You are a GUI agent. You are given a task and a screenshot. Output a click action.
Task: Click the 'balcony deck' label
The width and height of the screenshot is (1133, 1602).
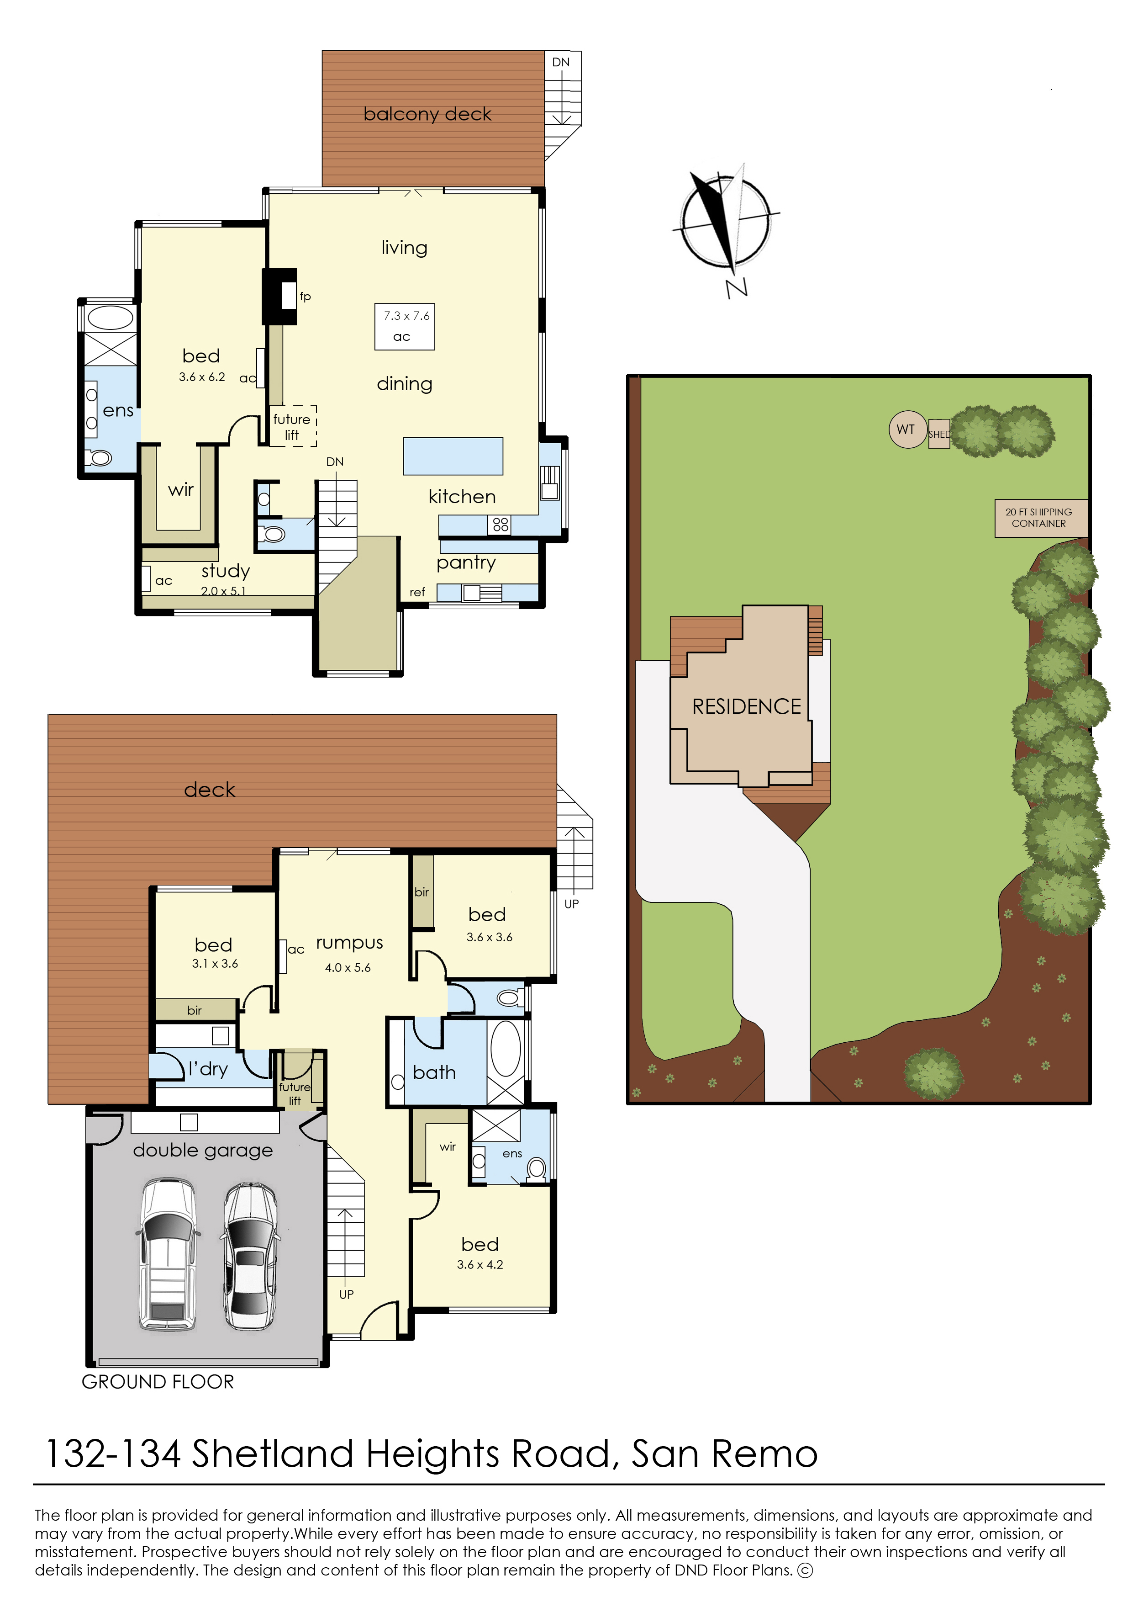pos(427,114)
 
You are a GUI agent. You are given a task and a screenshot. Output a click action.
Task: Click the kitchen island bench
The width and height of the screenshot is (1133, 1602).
pos(453,456)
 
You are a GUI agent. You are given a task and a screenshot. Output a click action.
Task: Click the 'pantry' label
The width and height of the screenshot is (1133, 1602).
pos(466,562)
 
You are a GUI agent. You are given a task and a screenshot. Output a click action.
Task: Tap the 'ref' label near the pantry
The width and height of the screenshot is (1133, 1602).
pos(417,592)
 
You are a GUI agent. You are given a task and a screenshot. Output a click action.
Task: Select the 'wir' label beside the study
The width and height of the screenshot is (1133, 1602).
pos(181,490)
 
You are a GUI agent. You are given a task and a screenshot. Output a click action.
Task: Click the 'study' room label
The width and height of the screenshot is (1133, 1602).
pos(225,571)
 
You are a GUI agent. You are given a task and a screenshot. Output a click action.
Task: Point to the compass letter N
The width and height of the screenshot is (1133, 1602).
pos(737,287)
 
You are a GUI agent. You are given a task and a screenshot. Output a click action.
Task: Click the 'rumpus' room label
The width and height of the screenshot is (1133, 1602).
pos(349,943)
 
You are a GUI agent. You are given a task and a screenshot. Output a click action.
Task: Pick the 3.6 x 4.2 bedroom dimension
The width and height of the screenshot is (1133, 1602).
pos(480,1264)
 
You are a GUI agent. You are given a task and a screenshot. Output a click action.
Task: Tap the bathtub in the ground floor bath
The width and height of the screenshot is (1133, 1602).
pos(506,1049)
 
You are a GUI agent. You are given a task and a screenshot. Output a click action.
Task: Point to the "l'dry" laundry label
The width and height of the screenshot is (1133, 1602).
pos(208,1069)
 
